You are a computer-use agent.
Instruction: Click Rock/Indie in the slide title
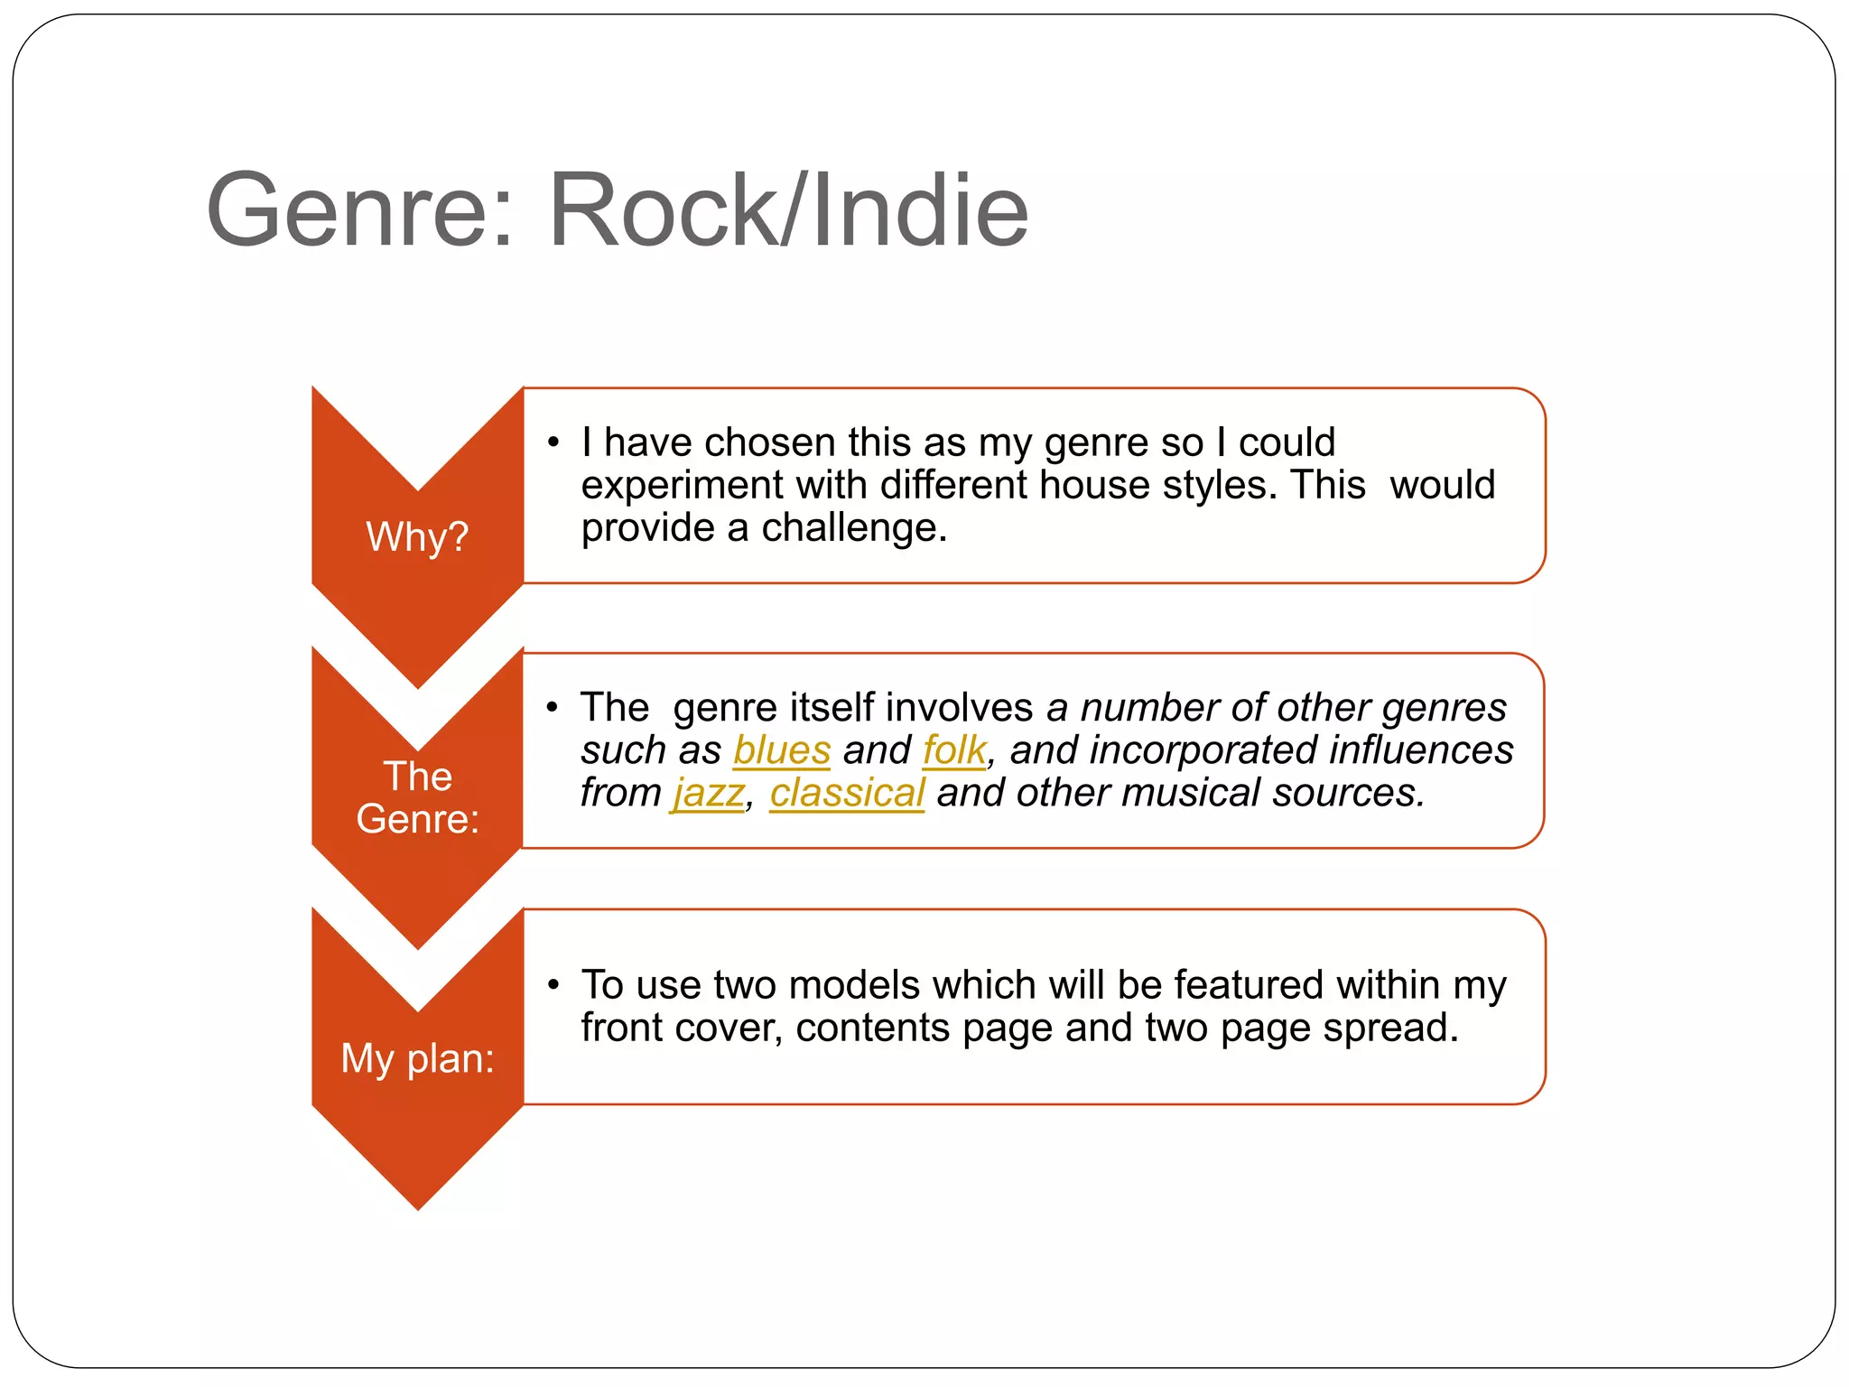[x=788, y=211]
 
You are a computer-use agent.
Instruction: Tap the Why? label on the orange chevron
[x=417, y=536]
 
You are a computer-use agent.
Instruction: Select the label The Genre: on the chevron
[x=417, y=797]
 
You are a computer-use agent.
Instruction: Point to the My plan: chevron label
[x=417, y=1057]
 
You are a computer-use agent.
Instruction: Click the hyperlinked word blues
[x=782, y=750]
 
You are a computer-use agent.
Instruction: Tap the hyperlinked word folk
[x=953, y=750]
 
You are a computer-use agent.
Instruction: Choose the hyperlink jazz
[x=709, y=793]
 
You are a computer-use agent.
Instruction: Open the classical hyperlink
[x=847, y=793]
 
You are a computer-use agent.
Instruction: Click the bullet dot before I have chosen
[x=553, y=442]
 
